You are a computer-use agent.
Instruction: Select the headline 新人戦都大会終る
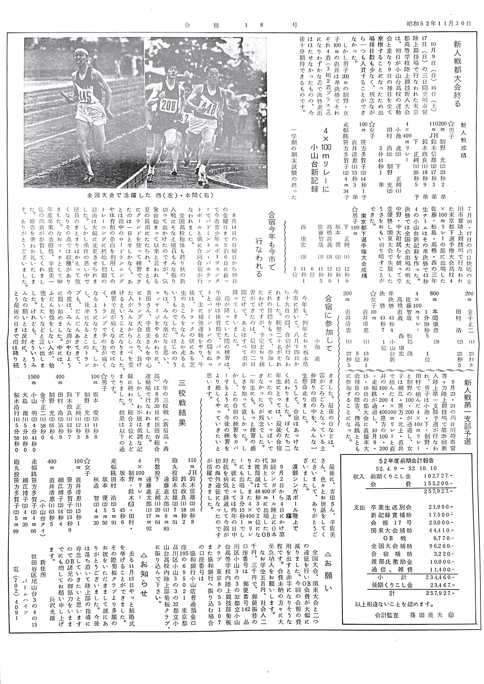(457, 74)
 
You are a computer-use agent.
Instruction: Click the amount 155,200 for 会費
(438, 484)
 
